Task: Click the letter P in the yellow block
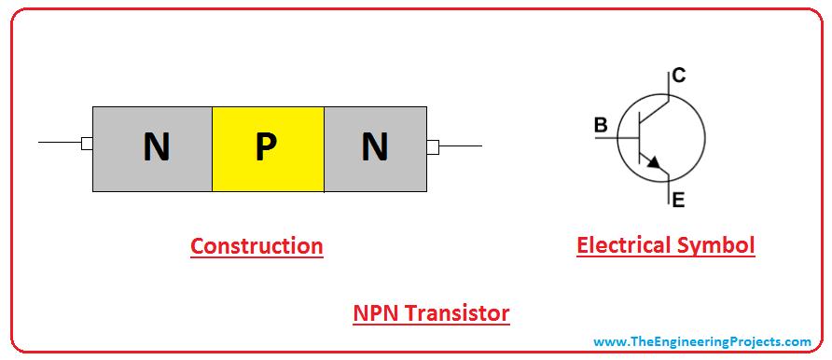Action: [x=267, y=147]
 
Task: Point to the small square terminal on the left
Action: [x=87, y=144]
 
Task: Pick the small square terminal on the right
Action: [x=433, y=146]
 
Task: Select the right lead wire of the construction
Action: [x=461, y=146]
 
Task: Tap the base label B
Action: [x=601, y=125]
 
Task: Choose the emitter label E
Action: [x=678, y=198]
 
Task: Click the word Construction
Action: [x=257, y=246]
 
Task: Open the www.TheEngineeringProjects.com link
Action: [x=702, y=342]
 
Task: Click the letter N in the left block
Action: [x=157, y=147]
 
